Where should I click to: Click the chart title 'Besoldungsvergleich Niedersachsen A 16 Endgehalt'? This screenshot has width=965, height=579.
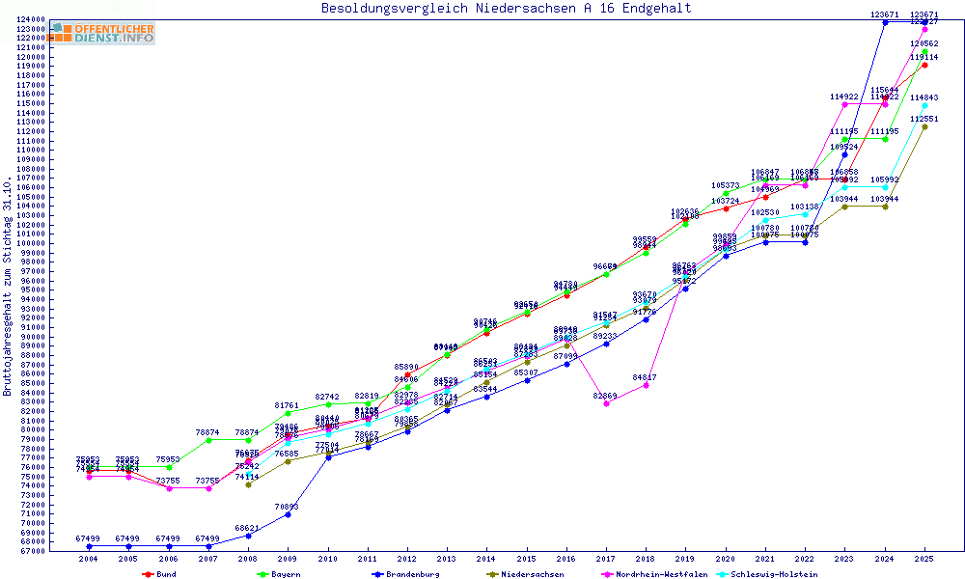click(506, 9)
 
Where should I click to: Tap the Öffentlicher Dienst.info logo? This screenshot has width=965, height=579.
click(102, 33)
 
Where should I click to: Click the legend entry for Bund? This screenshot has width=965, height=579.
click(160, 574)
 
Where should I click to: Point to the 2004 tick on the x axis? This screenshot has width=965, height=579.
click(89, 558)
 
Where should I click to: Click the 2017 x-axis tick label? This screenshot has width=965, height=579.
click(606, 558)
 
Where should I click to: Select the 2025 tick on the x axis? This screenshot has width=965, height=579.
click(924, 558)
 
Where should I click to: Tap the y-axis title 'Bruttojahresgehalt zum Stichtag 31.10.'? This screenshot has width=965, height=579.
click(9, 287)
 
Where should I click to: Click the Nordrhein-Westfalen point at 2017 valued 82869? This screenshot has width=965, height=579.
click(606, 403)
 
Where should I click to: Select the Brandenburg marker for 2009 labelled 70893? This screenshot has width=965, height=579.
click(288, 514)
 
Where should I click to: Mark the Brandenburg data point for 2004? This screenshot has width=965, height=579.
click(89, 546)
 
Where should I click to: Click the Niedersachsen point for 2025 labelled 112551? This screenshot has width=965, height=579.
click(924, 126)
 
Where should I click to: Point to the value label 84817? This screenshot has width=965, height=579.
click(646, 377)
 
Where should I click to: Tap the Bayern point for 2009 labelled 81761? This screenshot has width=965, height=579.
click(288, 413)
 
